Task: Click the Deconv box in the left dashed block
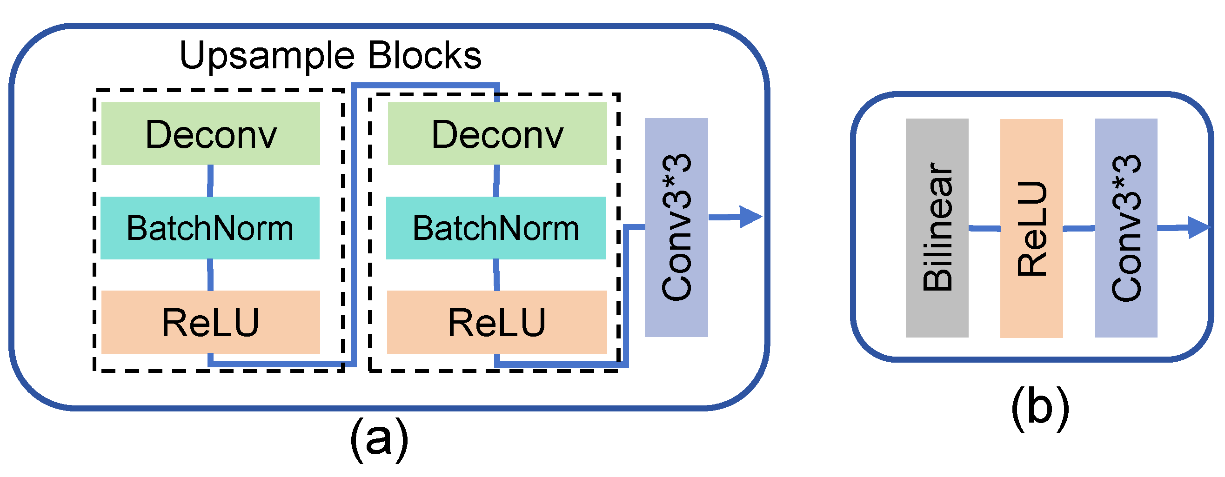pos(210,133)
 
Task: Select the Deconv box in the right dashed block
pos(497,133)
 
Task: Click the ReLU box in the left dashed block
pos(210,322)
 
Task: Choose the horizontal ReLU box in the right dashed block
pos(496,322)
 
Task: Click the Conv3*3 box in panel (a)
pos(676,227)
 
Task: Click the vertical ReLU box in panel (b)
pos(1031,228)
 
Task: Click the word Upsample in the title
pos(267,56)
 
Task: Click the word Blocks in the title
pos(424,55)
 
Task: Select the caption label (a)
pos(379,439)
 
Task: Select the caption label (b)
pos(1039,408)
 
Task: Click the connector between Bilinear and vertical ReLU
pos(984,229)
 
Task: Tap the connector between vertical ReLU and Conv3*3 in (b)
pos(1078,229)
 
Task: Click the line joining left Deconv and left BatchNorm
pos(210,180)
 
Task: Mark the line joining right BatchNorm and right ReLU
pos(496,275)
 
